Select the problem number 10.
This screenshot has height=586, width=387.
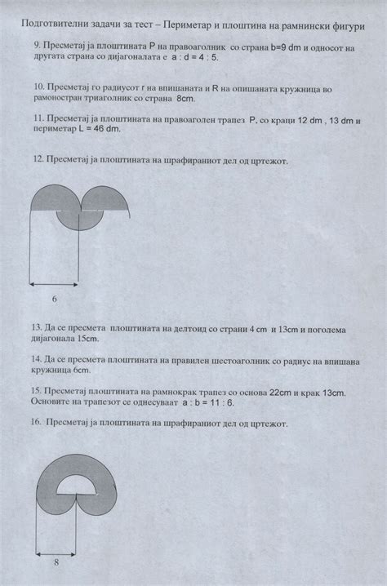tap(38, 85)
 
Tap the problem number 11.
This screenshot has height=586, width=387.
tap(36, 118)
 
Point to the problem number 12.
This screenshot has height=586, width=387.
tap(37, 160)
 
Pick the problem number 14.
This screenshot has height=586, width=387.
tap(36, 358)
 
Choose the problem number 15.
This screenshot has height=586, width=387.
tap(36, 392)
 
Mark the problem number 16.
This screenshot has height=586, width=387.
tap(36, 424)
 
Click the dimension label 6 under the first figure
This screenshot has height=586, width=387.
tap(54, 299)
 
